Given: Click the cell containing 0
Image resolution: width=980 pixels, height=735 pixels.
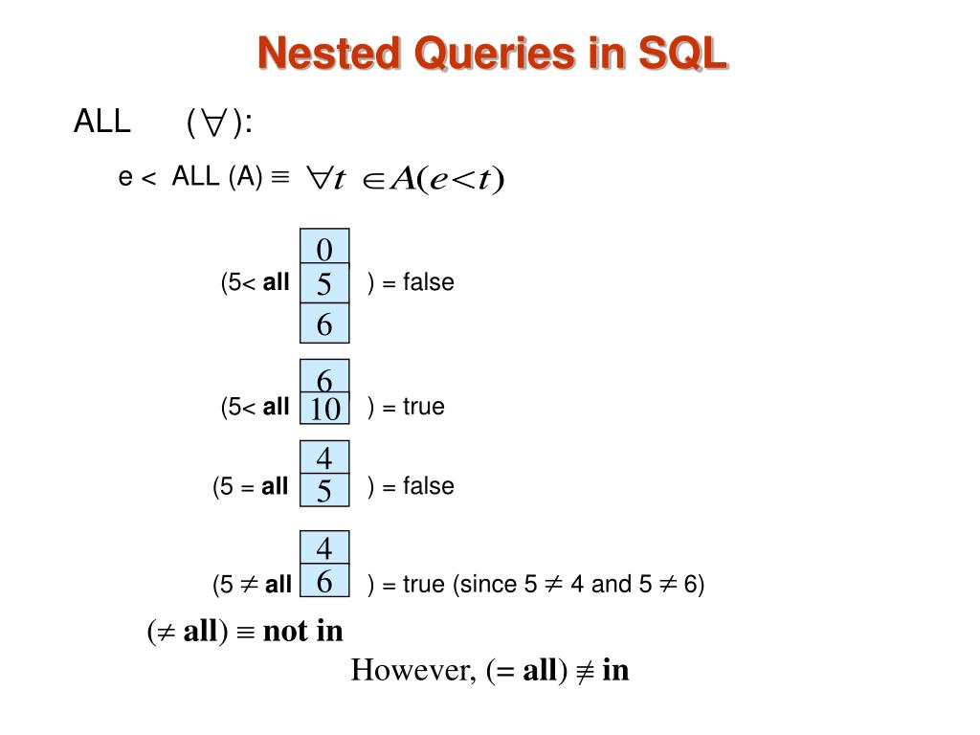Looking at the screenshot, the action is click(x=324, y=249).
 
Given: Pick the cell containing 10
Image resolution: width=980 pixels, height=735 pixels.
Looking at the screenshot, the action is click(x=324, y=409).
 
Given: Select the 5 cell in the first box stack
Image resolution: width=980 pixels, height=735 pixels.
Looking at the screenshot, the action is click(x=324, y=284).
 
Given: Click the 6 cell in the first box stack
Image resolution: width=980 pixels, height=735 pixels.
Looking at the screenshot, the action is click(x=324, y=324).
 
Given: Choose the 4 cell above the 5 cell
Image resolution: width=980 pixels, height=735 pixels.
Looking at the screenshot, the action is click(x=324, y=458).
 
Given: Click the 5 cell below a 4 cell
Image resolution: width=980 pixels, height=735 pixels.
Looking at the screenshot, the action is click(x=324, y=491).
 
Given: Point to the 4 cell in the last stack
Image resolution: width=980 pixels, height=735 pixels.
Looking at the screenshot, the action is click(x=324, y=548).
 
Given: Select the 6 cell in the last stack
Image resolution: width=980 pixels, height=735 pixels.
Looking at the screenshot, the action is click(x=324, y=581).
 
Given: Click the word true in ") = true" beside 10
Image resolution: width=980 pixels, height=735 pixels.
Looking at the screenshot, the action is click(x=424, y=407).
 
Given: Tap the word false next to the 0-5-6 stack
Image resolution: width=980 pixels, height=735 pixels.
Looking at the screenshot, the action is click(x=428, y=282).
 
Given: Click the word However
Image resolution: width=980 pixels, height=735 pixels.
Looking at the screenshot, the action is click(x=412, y=670).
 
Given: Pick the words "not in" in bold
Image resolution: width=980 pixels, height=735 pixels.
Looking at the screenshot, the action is click(x=302, y=632).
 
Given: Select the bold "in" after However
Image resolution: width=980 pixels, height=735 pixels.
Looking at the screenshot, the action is click(x=615, y=670).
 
